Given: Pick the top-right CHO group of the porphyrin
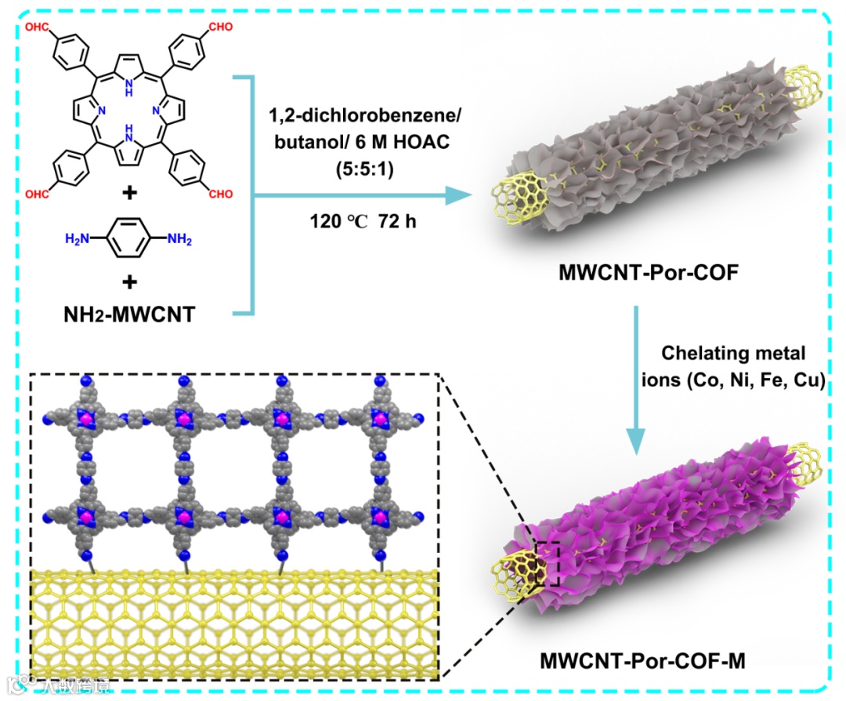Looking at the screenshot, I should (x=220, y=27).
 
